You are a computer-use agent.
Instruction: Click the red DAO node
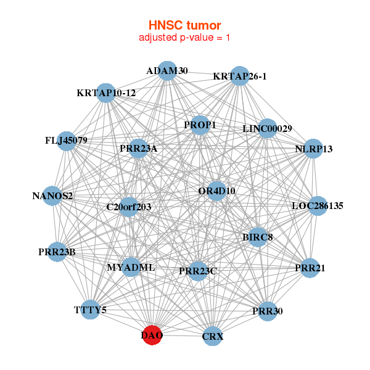click(152, 336)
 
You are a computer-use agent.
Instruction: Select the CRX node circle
click(212, 337)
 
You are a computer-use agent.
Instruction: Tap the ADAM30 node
click(167, 71)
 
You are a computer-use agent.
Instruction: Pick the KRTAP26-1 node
click(240, 76)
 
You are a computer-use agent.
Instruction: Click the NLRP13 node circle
click(313, 149)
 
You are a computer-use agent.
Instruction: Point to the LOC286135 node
click(317, 205)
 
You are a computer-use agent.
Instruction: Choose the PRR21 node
click(309, 268)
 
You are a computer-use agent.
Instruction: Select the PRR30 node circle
click(267, 311)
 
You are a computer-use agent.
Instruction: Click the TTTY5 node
click(91, 310)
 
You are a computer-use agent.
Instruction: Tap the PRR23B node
click(57, 252)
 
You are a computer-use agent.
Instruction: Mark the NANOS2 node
click(53, 197)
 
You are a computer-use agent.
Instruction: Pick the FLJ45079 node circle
click(66, 141)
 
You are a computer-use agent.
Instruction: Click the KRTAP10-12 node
click(106, 93)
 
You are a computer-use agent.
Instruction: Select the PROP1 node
click(200, 125)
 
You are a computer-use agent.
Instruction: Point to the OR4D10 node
click(216, 191)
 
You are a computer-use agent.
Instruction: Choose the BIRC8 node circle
click(257, 237)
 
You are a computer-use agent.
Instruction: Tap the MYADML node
click(131, 268)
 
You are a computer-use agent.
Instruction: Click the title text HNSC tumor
click(184, 25)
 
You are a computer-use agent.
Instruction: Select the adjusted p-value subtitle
click(184, 38)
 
